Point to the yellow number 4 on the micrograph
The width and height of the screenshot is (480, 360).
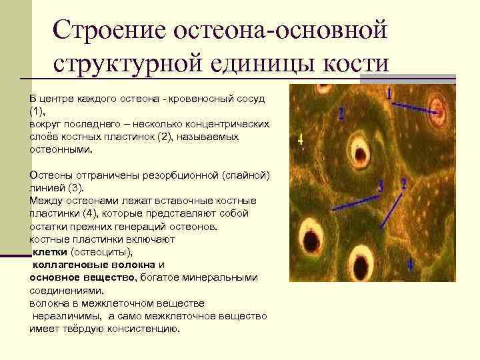pos(300,139)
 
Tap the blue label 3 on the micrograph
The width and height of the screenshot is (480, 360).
pos(381,186)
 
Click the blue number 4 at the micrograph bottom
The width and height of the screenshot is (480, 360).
pos(409,265)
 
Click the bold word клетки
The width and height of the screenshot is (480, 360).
pos(49,252)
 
